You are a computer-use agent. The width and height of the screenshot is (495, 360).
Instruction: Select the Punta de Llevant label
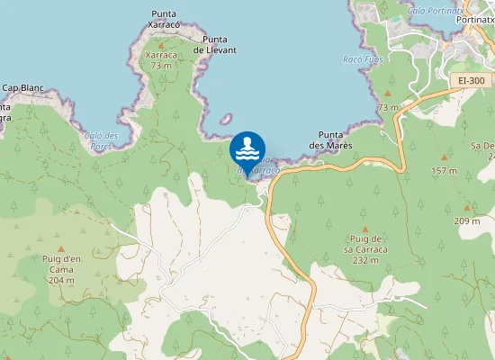[x=220, y=44]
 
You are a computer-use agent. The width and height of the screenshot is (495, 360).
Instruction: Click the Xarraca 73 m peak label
[x=161, y=59]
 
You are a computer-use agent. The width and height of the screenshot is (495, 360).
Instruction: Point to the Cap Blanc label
[x=22, y=88]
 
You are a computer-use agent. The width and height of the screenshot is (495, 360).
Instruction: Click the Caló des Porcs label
[x=102, y=139]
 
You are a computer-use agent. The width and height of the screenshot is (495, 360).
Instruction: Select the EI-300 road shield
[x=471, y=81]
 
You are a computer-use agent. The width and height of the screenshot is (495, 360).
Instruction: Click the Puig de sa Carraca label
[x=364, y=243]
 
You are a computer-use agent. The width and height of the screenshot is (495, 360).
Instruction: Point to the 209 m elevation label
[x=466, y=220]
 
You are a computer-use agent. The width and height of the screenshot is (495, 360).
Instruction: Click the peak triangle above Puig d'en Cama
[x=61, y=249]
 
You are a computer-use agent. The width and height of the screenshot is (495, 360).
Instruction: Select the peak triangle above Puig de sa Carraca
[x=364, y=229]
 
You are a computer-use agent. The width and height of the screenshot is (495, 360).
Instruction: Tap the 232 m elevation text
[x=364, y=259]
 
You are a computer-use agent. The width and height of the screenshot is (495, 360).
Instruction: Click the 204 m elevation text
[x=60, y=280]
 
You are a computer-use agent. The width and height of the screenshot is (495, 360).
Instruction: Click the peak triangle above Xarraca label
[x=161, y=43]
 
